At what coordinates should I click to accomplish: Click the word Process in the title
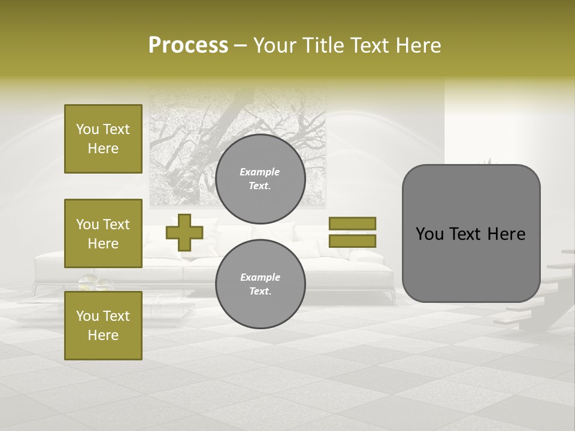coord(188,45)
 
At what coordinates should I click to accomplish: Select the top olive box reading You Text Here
coord(103,139)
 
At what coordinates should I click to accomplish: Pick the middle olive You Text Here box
coord(103,233)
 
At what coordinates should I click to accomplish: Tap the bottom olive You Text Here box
coord(103,325)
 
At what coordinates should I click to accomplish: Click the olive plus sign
coord(184,232)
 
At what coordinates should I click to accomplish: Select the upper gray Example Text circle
coord(260,179)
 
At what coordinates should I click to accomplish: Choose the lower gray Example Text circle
coord(260,284)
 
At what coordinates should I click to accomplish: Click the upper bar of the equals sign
coord(352,223)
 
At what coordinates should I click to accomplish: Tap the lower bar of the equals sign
coord(352,241)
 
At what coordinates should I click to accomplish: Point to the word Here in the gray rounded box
coord(506,234)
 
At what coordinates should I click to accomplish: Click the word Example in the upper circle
coord(260,172)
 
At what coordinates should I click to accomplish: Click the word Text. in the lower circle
coord(260,292)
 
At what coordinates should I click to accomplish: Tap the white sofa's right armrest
coord(374,263)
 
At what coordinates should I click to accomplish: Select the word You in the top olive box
coord(87,129)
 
